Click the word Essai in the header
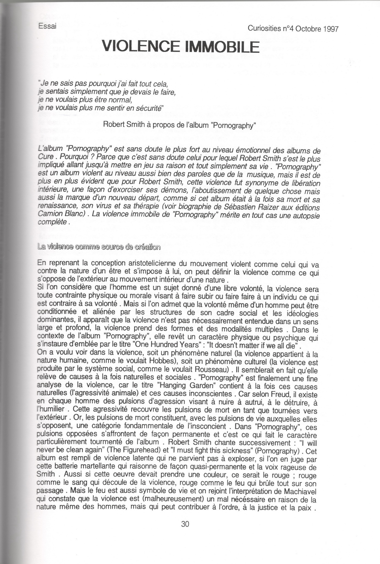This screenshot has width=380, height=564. tap(48, 26)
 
